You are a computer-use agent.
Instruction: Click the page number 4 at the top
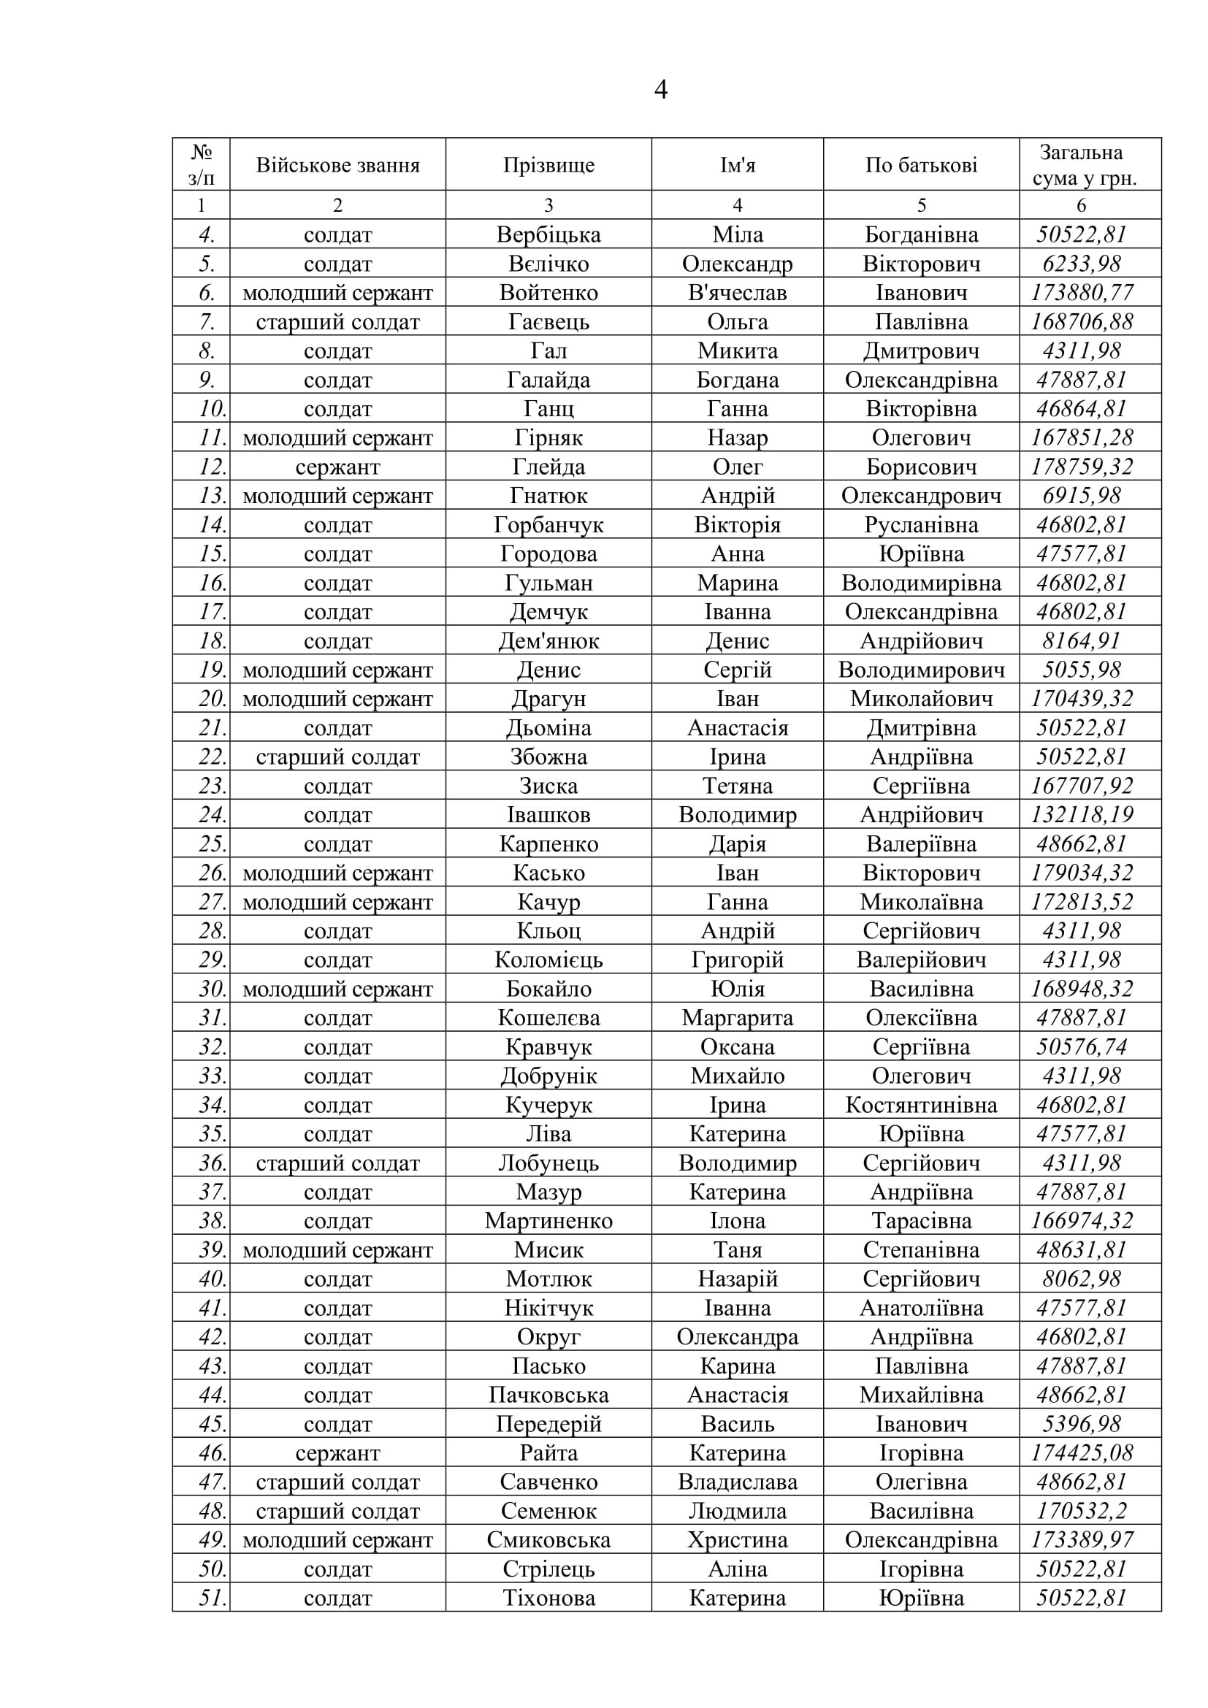tap(660, 90)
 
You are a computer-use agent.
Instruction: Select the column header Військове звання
tap(337, 165)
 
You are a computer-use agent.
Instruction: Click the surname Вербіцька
tap(548, 235)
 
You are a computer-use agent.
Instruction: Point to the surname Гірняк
tap(548, 438)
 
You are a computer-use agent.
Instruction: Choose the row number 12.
tap(212, 467)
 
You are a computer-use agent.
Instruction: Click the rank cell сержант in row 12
tap(337, 467)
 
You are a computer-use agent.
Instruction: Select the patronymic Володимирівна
tap(921, 583)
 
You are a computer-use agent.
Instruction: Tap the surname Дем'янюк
tap(548, 641)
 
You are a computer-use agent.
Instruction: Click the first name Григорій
tap(737, 960)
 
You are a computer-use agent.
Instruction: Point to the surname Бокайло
tap(548, 989)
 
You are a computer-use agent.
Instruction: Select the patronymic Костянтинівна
tap(921, 1106)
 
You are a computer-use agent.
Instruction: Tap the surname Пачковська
tap(548, 1395)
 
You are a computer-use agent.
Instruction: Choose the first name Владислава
tap(737, 1482)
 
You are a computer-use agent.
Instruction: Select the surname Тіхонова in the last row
tap(548, 1598)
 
